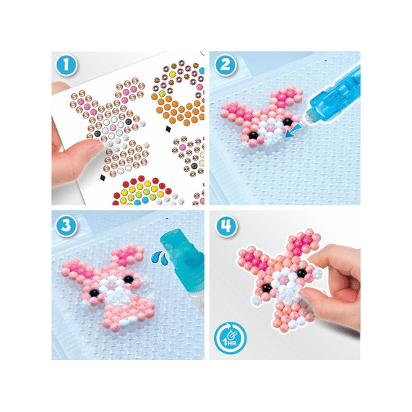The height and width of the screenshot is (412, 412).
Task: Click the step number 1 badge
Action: pos(66,65)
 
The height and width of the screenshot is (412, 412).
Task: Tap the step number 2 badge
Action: pos(226,65)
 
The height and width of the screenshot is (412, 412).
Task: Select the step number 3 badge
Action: pos(66,226)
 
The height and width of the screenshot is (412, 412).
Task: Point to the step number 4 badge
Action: pos(226,226)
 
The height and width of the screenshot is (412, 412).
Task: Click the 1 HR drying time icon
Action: pos(230,338)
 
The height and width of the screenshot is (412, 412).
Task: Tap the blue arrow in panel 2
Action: pos(292,131)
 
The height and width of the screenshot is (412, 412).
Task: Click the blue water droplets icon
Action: pos(160,257)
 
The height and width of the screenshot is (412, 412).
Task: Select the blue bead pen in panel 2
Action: pos(334,95)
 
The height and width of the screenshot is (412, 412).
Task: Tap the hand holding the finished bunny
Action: pos(334,286)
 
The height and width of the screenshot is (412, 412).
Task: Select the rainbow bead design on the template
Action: pos(142,192)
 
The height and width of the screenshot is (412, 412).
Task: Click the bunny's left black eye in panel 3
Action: pos(94,293)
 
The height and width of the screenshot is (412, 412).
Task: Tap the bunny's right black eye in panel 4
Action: pos(301,273)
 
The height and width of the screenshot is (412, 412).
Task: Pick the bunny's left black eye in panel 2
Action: pos(253,135)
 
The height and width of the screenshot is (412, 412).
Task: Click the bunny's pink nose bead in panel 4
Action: pos(283,280)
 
